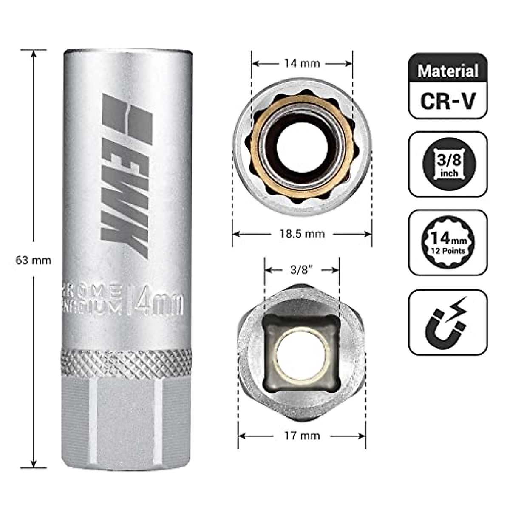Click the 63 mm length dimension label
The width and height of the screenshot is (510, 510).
click(33, 260)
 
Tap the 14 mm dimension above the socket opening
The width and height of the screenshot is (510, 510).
click(302, 64)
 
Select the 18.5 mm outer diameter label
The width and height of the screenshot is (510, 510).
click(302, 234)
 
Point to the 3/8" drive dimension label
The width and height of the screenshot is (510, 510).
click(302, 270)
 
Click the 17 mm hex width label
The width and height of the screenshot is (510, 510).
click(302, 436)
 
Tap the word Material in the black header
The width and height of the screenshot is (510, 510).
click(448, 71)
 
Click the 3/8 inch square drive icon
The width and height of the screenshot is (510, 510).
click(448, 164)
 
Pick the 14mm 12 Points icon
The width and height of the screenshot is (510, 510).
click(448, 243)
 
